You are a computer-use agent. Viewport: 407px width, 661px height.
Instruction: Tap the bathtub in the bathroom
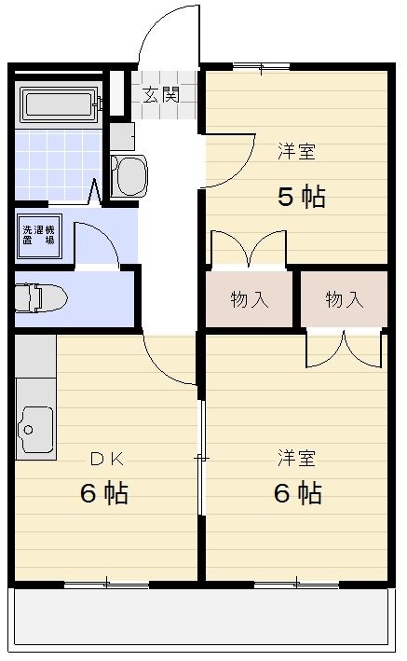click(57, 105)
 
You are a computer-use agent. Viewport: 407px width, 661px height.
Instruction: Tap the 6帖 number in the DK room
click(104, 493)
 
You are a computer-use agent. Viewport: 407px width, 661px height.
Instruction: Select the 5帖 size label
click(301, 197)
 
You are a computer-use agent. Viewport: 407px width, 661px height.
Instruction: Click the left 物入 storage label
click(249, 300)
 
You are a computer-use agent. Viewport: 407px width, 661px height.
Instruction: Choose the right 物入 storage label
click(344, 300)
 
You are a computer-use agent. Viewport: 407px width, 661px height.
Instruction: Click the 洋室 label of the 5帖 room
click(296, 152)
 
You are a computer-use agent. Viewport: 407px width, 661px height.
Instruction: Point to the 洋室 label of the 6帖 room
click(296, 458)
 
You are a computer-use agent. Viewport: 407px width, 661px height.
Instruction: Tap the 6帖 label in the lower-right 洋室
click(298, 493)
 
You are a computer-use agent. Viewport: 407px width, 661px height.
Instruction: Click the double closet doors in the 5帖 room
click(247, 250)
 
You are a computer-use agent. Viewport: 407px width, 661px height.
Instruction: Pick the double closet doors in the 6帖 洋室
click(344, 349)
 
